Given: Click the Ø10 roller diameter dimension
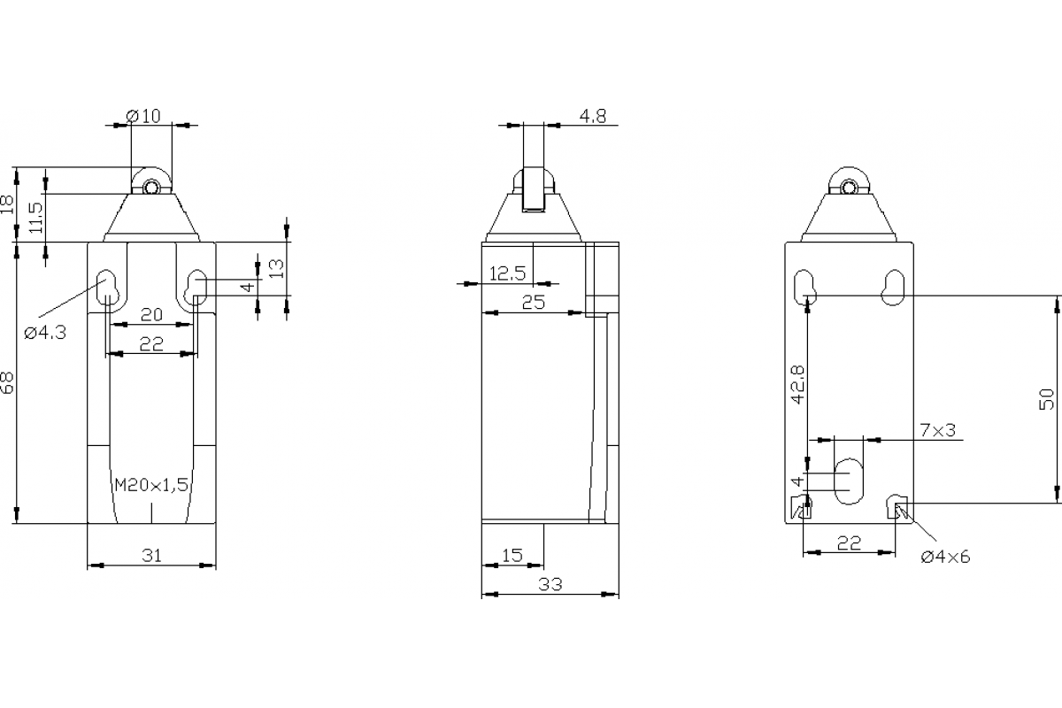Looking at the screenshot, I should (x=143, y=115).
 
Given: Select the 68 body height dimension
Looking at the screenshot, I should (x=8, y=382).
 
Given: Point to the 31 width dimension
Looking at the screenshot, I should (x=151, y=555).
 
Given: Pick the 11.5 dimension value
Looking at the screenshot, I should (x=35, y=217).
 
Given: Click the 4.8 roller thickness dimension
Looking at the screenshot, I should (x=592, y=116).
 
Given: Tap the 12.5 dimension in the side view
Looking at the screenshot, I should (x=507, y=274).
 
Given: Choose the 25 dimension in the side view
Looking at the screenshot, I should (x=532, y=302).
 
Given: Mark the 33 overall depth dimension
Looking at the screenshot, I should (x=550, y=584).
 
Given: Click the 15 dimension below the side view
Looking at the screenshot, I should (x=512, y=555).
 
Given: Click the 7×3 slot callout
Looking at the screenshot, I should (x=937, y=430).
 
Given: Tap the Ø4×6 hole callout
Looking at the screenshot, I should (x=945, y=557).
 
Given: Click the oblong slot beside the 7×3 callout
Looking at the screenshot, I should (x=849, y=481).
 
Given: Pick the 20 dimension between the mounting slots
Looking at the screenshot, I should (x=151, y=314).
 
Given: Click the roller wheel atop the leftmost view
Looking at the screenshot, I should (x=152, y=186).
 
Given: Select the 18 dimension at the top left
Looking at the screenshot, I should (x=8, y=204).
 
